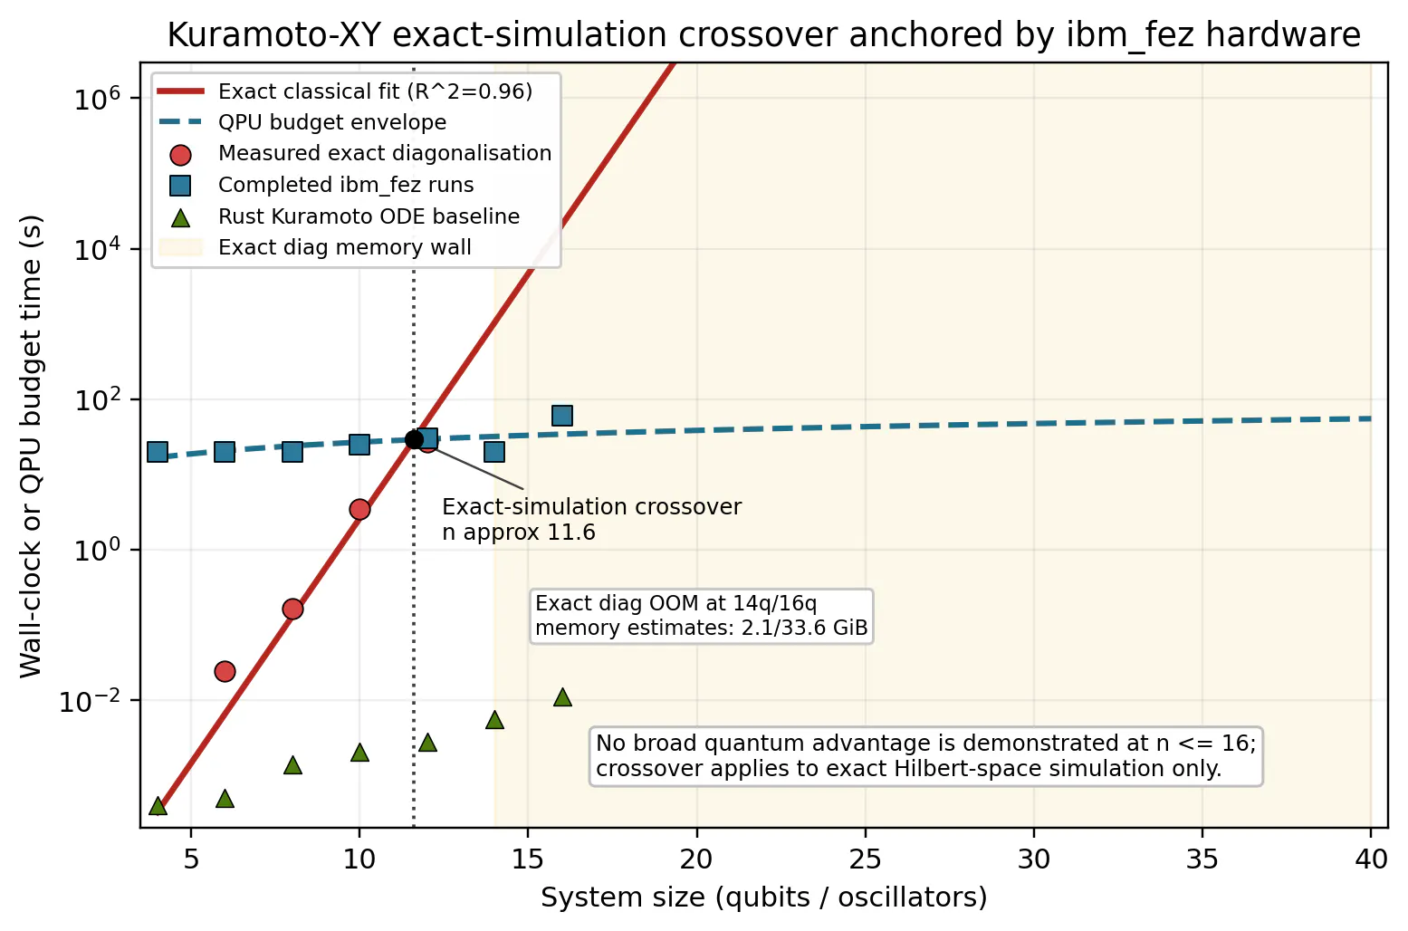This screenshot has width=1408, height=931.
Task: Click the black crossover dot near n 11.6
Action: coord(414,439)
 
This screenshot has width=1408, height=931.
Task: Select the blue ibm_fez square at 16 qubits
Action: coord(562,415)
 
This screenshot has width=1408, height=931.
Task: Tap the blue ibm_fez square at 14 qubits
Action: coord(494,451)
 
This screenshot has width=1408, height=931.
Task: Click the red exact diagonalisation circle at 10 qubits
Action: coord(359,509)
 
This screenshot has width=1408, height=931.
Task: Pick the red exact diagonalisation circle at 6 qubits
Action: coord(225,671)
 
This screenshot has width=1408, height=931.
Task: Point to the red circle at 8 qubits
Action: coord(292,609)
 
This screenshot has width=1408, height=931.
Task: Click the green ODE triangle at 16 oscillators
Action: coord(562,697)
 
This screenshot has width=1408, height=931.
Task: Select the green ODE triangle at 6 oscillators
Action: coord(225,799)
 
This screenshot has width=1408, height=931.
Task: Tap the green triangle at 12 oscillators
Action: coord(427,743)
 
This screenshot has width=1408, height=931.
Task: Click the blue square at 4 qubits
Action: coord(158,451)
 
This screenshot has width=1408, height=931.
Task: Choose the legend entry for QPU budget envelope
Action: coord(302,122)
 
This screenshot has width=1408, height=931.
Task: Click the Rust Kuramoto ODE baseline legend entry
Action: coord(340,216)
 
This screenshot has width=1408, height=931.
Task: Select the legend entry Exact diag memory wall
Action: coord(315,247)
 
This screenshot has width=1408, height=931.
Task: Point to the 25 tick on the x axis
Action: coord(866,859)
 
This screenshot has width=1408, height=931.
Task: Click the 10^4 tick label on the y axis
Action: coord(98,250)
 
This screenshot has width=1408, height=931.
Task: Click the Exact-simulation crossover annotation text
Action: coord(591,519)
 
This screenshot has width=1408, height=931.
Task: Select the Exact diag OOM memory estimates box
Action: coord(702,616)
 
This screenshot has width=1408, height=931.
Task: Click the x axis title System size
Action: coord(764,897)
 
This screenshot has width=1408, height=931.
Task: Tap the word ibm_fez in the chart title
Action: coord(1129,34)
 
